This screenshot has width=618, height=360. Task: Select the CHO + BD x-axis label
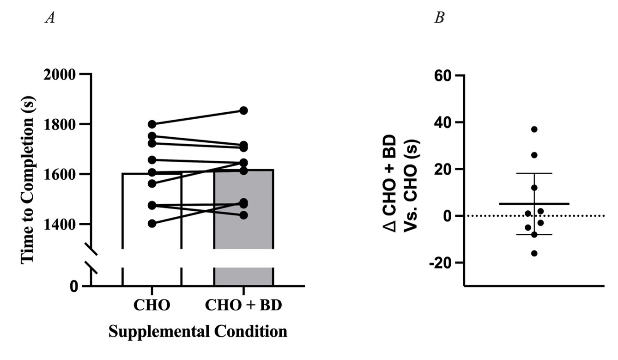(x=243, y=305)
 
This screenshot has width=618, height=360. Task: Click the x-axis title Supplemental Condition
(x=198, y=331)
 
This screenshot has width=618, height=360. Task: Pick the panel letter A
(x=49, y=18)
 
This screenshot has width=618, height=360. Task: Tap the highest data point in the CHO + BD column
(x=243, y=110)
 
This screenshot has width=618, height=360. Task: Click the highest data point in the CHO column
(x=152, y=124)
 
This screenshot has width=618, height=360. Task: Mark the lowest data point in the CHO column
(x=152, y=224)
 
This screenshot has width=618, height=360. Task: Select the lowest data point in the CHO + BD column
(x=243, y=215)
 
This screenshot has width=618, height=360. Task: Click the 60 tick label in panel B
(x=445, y=75)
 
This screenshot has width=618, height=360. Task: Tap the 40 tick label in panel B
(x=445, y=122)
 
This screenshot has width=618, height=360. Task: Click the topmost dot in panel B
(x=534, y=129)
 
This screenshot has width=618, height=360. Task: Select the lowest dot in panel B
(x=534, y=253)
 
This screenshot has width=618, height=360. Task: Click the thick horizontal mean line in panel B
(x=534, y=203)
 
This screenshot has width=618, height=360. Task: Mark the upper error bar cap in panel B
(x=534, y=173)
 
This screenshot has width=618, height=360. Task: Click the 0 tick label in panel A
(x=74, y=287)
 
